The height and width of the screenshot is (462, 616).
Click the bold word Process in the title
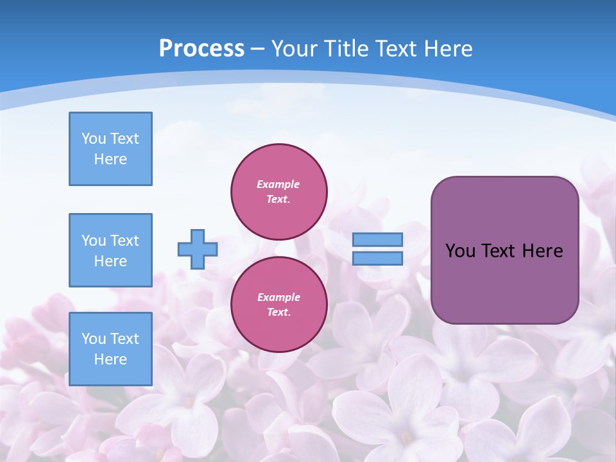click(201, 49)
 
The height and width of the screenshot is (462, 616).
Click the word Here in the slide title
click(447, 49)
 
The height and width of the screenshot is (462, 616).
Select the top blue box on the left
click(110, 149)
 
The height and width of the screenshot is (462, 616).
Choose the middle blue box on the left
click(110, 250)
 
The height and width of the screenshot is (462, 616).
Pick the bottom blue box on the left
click(110, 349)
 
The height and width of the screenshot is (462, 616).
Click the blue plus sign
click(197, 249)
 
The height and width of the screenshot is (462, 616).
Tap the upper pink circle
click(279, 191)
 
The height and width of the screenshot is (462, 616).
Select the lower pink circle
click(279, 304)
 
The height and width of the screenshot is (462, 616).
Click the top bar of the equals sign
click(377, 239)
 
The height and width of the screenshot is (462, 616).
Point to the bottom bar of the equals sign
click(377, 258)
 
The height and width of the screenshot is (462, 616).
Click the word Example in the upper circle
click(278, 184)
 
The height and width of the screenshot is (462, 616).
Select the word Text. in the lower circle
click(278, 312)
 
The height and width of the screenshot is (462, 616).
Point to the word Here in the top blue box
click(110, 159)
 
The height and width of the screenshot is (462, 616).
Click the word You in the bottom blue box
click(94, 339)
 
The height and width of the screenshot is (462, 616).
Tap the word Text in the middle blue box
click(124, 241)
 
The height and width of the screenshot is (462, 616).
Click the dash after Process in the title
click(257, 49)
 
